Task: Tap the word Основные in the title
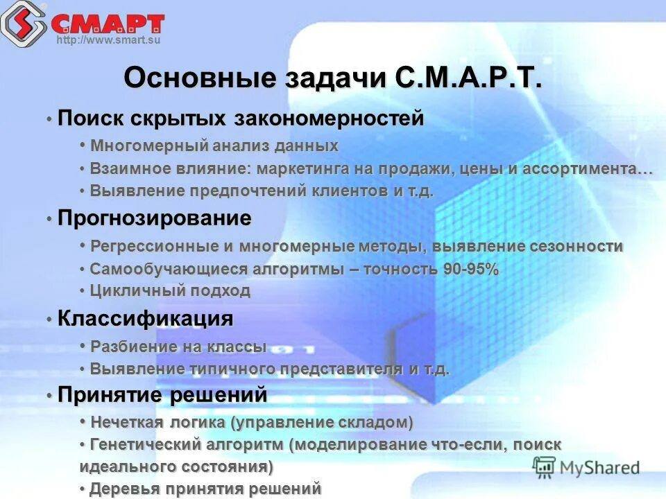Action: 199,78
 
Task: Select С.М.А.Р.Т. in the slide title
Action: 468,78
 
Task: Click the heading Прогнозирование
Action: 154,219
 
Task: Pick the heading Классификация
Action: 145,319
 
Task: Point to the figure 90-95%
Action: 471,270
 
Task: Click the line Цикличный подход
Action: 170,291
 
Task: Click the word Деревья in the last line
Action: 119,489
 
